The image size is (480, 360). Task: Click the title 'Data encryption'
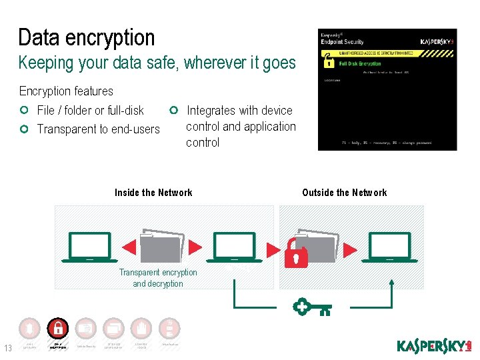86,37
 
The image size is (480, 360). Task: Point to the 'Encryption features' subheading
66,91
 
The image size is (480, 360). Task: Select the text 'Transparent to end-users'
98,129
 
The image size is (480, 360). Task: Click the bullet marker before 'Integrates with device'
173,110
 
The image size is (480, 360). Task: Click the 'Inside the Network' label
153,193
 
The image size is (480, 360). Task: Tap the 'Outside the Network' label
344,193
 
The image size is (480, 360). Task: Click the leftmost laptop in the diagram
89,247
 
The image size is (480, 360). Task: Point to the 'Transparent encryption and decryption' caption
158,278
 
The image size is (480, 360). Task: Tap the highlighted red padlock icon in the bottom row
58,328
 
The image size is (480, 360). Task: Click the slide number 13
8,347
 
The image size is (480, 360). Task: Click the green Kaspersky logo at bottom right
434,346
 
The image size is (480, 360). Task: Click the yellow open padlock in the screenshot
329,63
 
